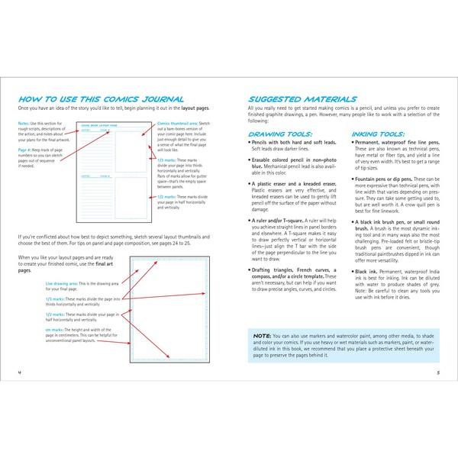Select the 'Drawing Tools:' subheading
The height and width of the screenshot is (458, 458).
[x=273, y=134]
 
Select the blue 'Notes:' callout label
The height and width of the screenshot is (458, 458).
[x=23, y=123]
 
